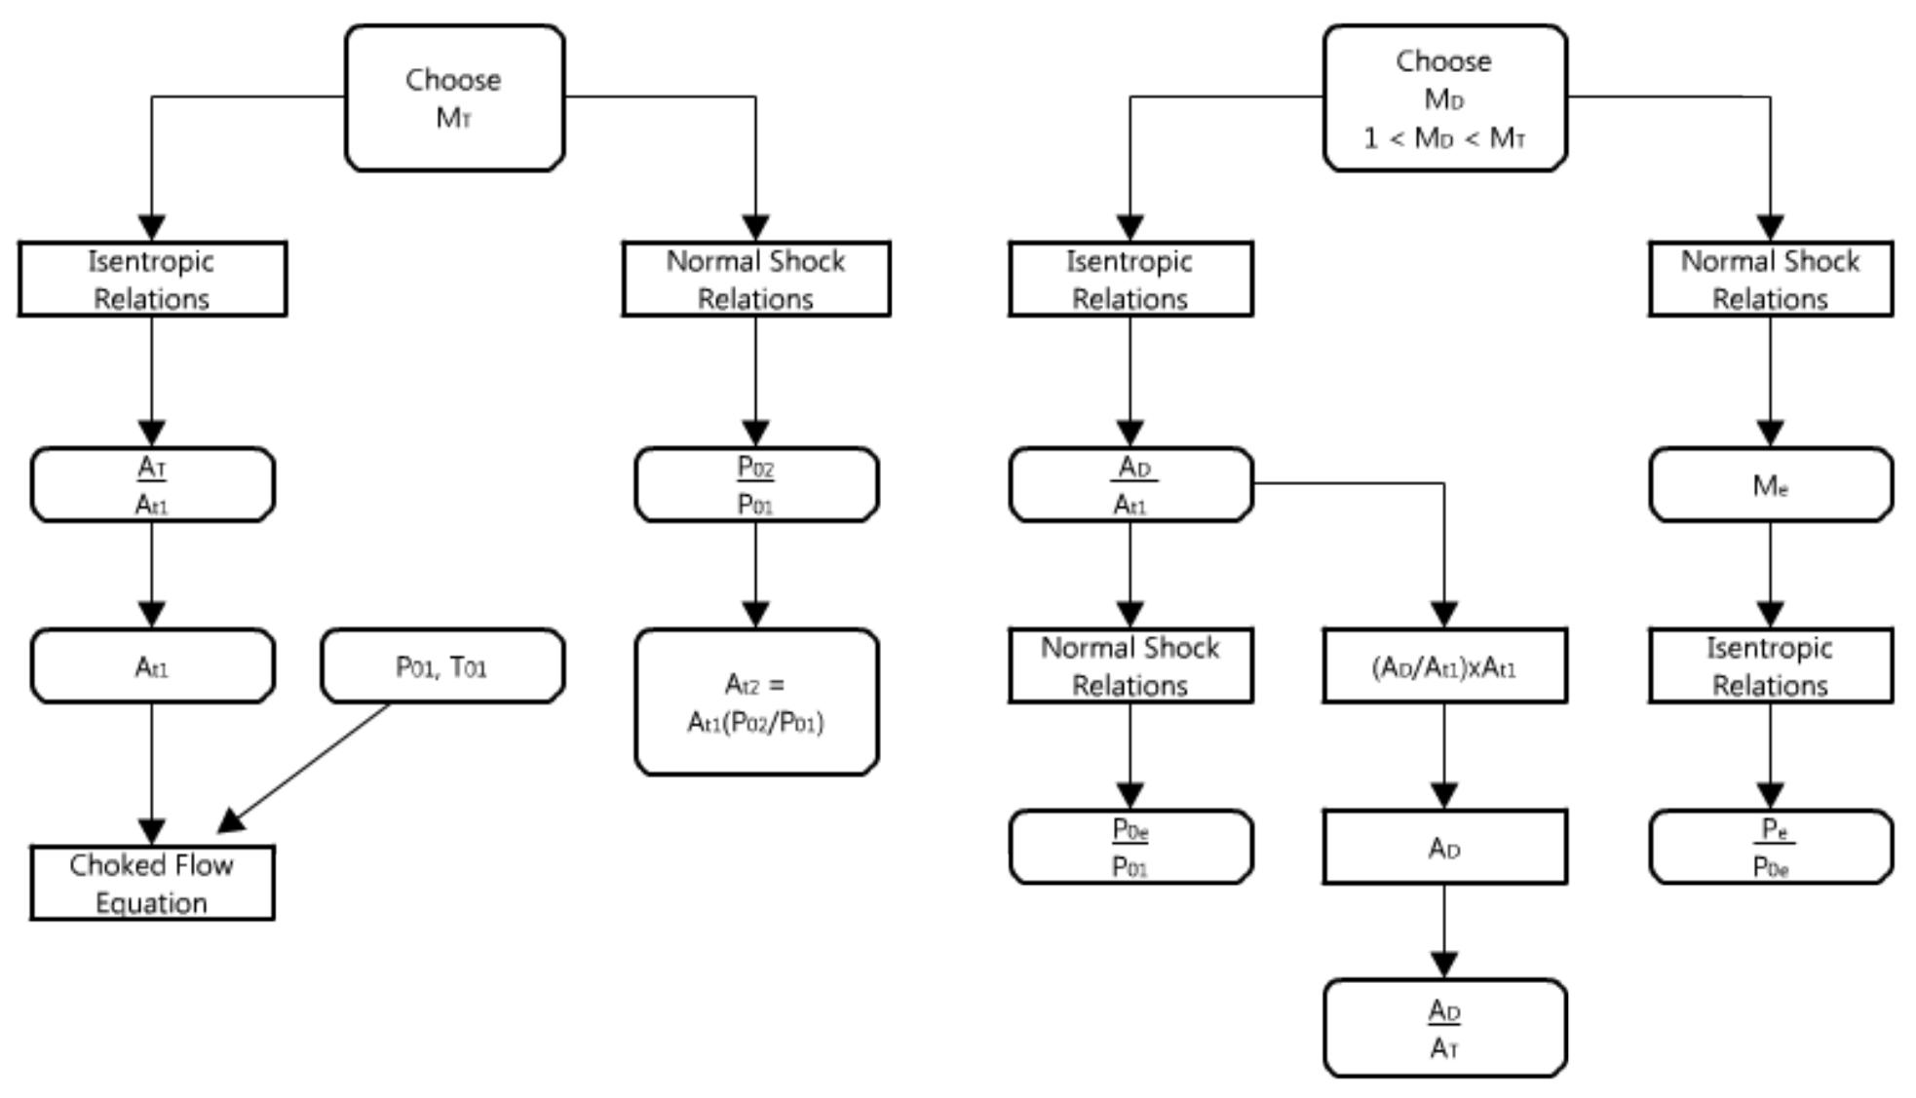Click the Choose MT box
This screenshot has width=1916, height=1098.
tap(454, 98)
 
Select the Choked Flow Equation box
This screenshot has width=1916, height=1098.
tap(152, 883)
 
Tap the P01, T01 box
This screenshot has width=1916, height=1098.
tap(441, 666)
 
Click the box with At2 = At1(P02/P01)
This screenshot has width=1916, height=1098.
tap(756, 702)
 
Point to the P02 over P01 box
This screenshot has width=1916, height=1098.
tap(756, 484)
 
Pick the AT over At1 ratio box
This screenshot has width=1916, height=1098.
tap(152, 484)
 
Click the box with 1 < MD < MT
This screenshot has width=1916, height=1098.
tap(1444, 98)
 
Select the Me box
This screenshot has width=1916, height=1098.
tap(1770, 484)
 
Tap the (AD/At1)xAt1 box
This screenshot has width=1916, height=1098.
tap(1444, 666)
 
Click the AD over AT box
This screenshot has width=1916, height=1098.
tap(1444, 1029)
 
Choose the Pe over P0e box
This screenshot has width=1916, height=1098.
tap(1770, 847)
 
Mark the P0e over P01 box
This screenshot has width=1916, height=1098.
tap(1130, 847)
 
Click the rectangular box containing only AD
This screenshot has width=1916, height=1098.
tap(1444, 847)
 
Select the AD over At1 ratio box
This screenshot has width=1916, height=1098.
tap(1130, 484)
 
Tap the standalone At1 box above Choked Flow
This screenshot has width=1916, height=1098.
tap(152, 666)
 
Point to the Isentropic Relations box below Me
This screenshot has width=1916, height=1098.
tap(1770, 666)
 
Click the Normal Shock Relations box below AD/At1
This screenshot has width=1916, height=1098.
tap(1130, 666)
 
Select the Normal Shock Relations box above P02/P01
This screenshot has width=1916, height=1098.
tap(756, 280)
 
